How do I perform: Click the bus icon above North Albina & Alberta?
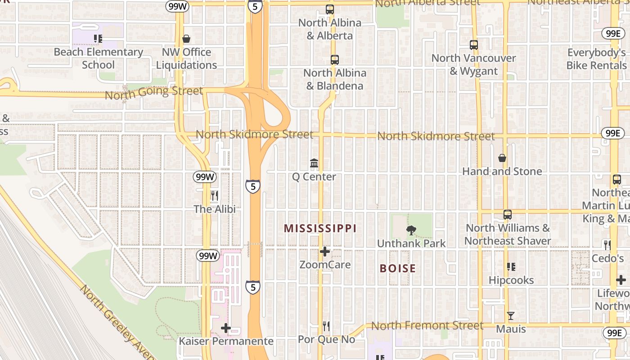tap(330, 9)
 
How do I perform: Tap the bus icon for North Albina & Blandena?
tap(334, 60)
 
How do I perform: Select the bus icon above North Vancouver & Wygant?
tap(473, 45)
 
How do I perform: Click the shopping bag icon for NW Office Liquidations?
tap(186, 39)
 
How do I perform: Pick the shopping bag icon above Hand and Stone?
tap(502, 158)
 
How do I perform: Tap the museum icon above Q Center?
tap(314, 163)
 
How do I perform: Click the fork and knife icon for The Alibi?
tap(215, 196)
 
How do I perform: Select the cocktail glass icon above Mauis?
tap(510, 316)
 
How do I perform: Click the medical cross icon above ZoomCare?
tap(325, 252)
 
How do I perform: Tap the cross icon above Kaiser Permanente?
tap(226, 328)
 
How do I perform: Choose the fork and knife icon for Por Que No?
tap(327, 326)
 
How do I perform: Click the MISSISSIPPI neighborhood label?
tap(320, 229)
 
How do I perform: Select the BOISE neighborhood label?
tap(398, 269)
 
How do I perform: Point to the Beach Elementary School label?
tap(98, 58)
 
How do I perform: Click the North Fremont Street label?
tap(427, 325)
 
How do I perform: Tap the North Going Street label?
tap(154, 93)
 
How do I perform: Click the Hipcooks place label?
tap(511, 280)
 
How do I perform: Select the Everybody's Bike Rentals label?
tap(596, 59)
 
